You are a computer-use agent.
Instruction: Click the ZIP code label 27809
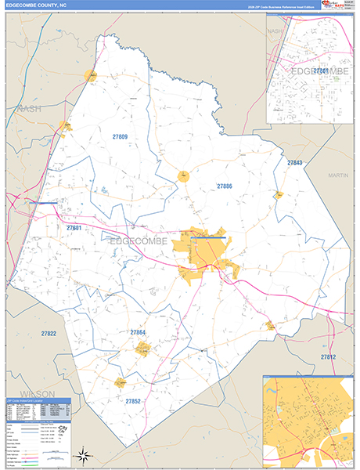(120, 136)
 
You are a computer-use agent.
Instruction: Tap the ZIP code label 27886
(225, 186)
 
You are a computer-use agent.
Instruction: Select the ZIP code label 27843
(294, 162)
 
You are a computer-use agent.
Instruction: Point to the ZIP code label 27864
(138, 332)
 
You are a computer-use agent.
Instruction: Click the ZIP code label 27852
(133, 400)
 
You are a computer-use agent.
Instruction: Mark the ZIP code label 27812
(327, 356)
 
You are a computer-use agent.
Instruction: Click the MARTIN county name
(337, 175)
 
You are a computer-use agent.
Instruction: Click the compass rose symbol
(84, 454)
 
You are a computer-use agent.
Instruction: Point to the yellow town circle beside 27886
(183, 176)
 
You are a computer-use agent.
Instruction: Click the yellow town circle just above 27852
(121, 382)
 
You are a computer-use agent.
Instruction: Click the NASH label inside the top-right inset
(275, 31)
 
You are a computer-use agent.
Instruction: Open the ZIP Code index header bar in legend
(38, 400)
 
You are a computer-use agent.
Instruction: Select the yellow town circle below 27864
(142, 349)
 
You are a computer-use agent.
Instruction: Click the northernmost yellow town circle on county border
(91, 76)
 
